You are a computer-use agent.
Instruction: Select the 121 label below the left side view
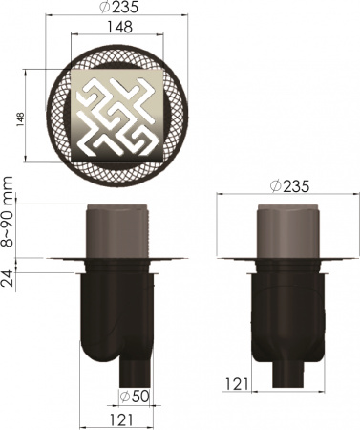coord(119,419)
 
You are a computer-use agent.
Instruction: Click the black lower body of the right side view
coord(286,315)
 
